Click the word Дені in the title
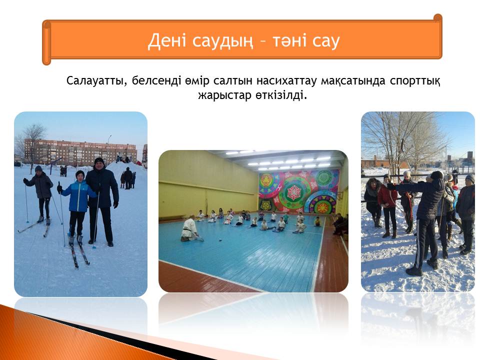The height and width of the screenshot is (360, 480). click(167, 40)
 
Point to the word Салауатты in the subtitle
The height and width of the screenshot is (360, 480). click(96, 81)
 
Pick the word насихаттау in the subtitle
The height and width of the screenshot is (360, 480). click(286, 81)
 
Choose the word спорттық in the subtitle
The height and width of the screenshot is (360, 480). click(415, 81)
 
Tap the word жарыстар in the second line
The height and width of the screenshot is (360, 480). click(224, 95)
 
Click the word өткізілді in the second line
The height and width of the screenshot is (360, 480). click(281, 95)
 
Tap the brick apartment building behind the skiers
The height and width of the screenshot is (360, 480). click(80, 152)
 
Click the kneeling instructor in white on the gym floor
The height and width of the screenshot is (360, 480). click(190, 228)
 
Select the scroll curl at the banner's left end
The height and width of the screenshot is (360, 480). click(46, 42)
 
